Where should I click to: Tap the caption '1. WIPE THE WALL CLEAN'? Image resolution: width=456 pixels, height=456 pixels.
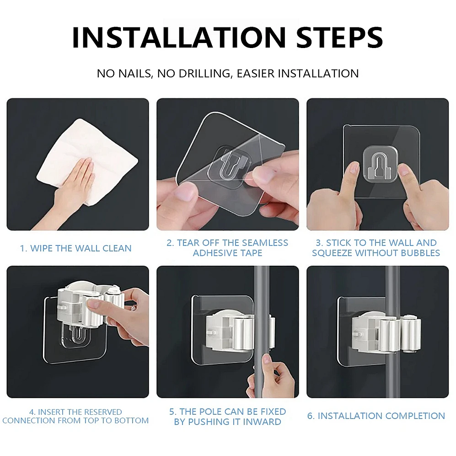pos(76,248)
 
